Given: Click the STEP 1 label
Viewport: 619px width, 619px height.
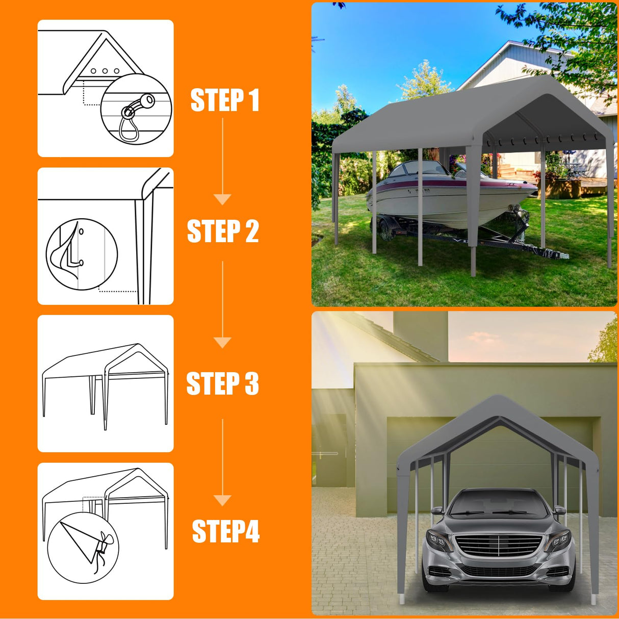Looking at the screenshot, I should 225,100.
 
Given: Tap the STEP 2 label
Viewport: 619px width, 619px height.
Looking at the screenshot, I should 223,231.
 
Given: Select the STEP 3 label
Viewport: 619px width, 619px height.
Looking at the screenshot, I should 222,383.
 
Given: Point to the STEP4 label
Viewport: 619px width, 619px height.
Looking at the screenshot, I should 225,532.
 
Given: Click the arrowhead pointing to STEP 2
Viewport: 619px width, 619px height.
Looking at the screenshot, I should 222,199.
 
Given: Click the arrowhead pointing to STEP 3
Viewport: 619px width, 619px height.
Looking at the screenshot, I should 222,342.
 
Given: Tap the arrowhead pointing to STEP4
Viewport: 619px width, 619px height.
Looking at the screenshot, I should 222,500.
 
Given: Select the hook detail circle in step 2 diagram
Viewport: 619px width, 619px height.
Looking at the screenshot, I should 82,254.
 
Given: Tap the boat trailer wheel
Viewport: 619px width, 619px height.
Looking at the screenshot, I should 388,229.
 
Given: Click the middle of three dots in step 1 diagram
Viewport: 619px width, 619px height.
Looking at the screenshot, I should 105,71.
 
